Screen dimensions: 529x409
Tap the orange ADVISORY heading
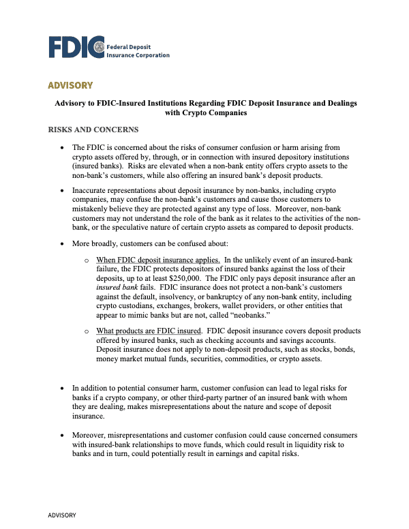[x=70, y=85]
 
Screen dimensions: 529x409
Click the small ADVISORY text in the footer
[x=61, y=516]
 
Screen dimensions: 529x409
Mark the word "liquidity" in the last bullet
[x=293, y=444]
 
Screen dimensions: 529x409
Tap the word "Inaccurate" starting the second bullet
[x=93, y=189]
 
